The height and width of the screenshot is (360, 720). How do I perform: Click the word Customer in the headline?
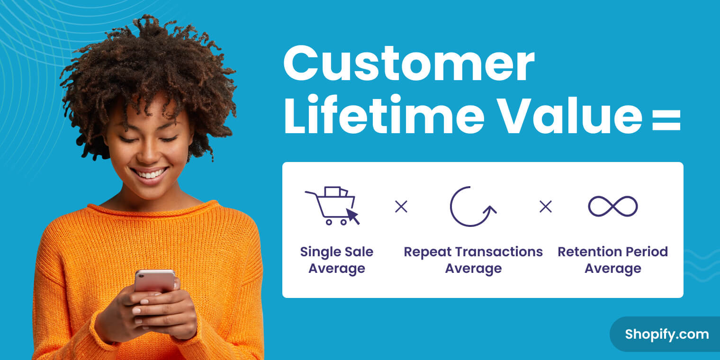point(409,63)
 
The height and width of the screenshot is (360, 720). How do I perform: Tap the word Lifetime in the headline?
point(384,115)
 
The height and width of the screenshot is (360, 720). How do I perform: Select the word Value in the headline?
point(571,115)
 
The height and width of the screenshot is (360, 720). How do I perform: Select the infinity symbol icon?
point(612,206)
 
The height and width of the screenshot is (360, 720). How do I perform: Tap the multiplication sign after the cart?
point(401,207)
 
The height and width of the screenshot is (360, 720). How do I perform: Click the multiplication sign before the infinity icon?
point(546,207)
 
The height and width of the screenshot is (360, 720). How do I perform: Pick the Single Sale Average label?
point(336,260)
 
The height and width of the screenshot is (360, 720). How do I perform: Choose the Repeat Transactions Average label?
point(473,260)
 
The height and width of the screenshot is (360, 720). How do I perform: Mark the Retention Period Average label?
point(612,260)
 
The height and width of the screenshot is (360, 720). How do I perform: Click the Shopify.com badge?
point(666,334)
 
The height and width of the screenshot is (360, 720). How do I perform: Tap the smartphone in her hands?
point(154,280)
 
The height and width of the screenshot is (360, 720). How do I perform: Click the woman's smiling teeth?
point(150,174)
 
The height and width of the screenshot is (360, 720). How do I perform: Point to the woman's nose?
point(149,152)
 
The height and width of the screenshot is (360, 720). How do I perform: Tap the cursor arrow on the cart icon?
point(352,216)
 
